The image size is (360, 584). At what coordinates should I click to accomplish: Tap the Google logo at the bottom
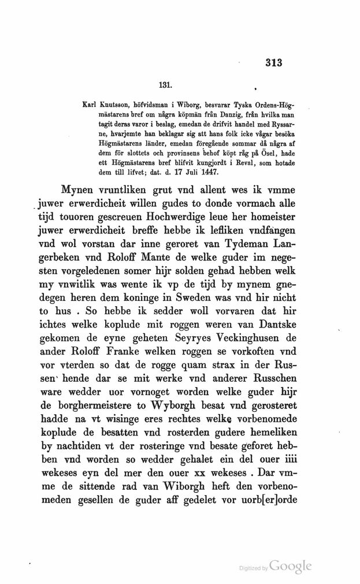[291, 566]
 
